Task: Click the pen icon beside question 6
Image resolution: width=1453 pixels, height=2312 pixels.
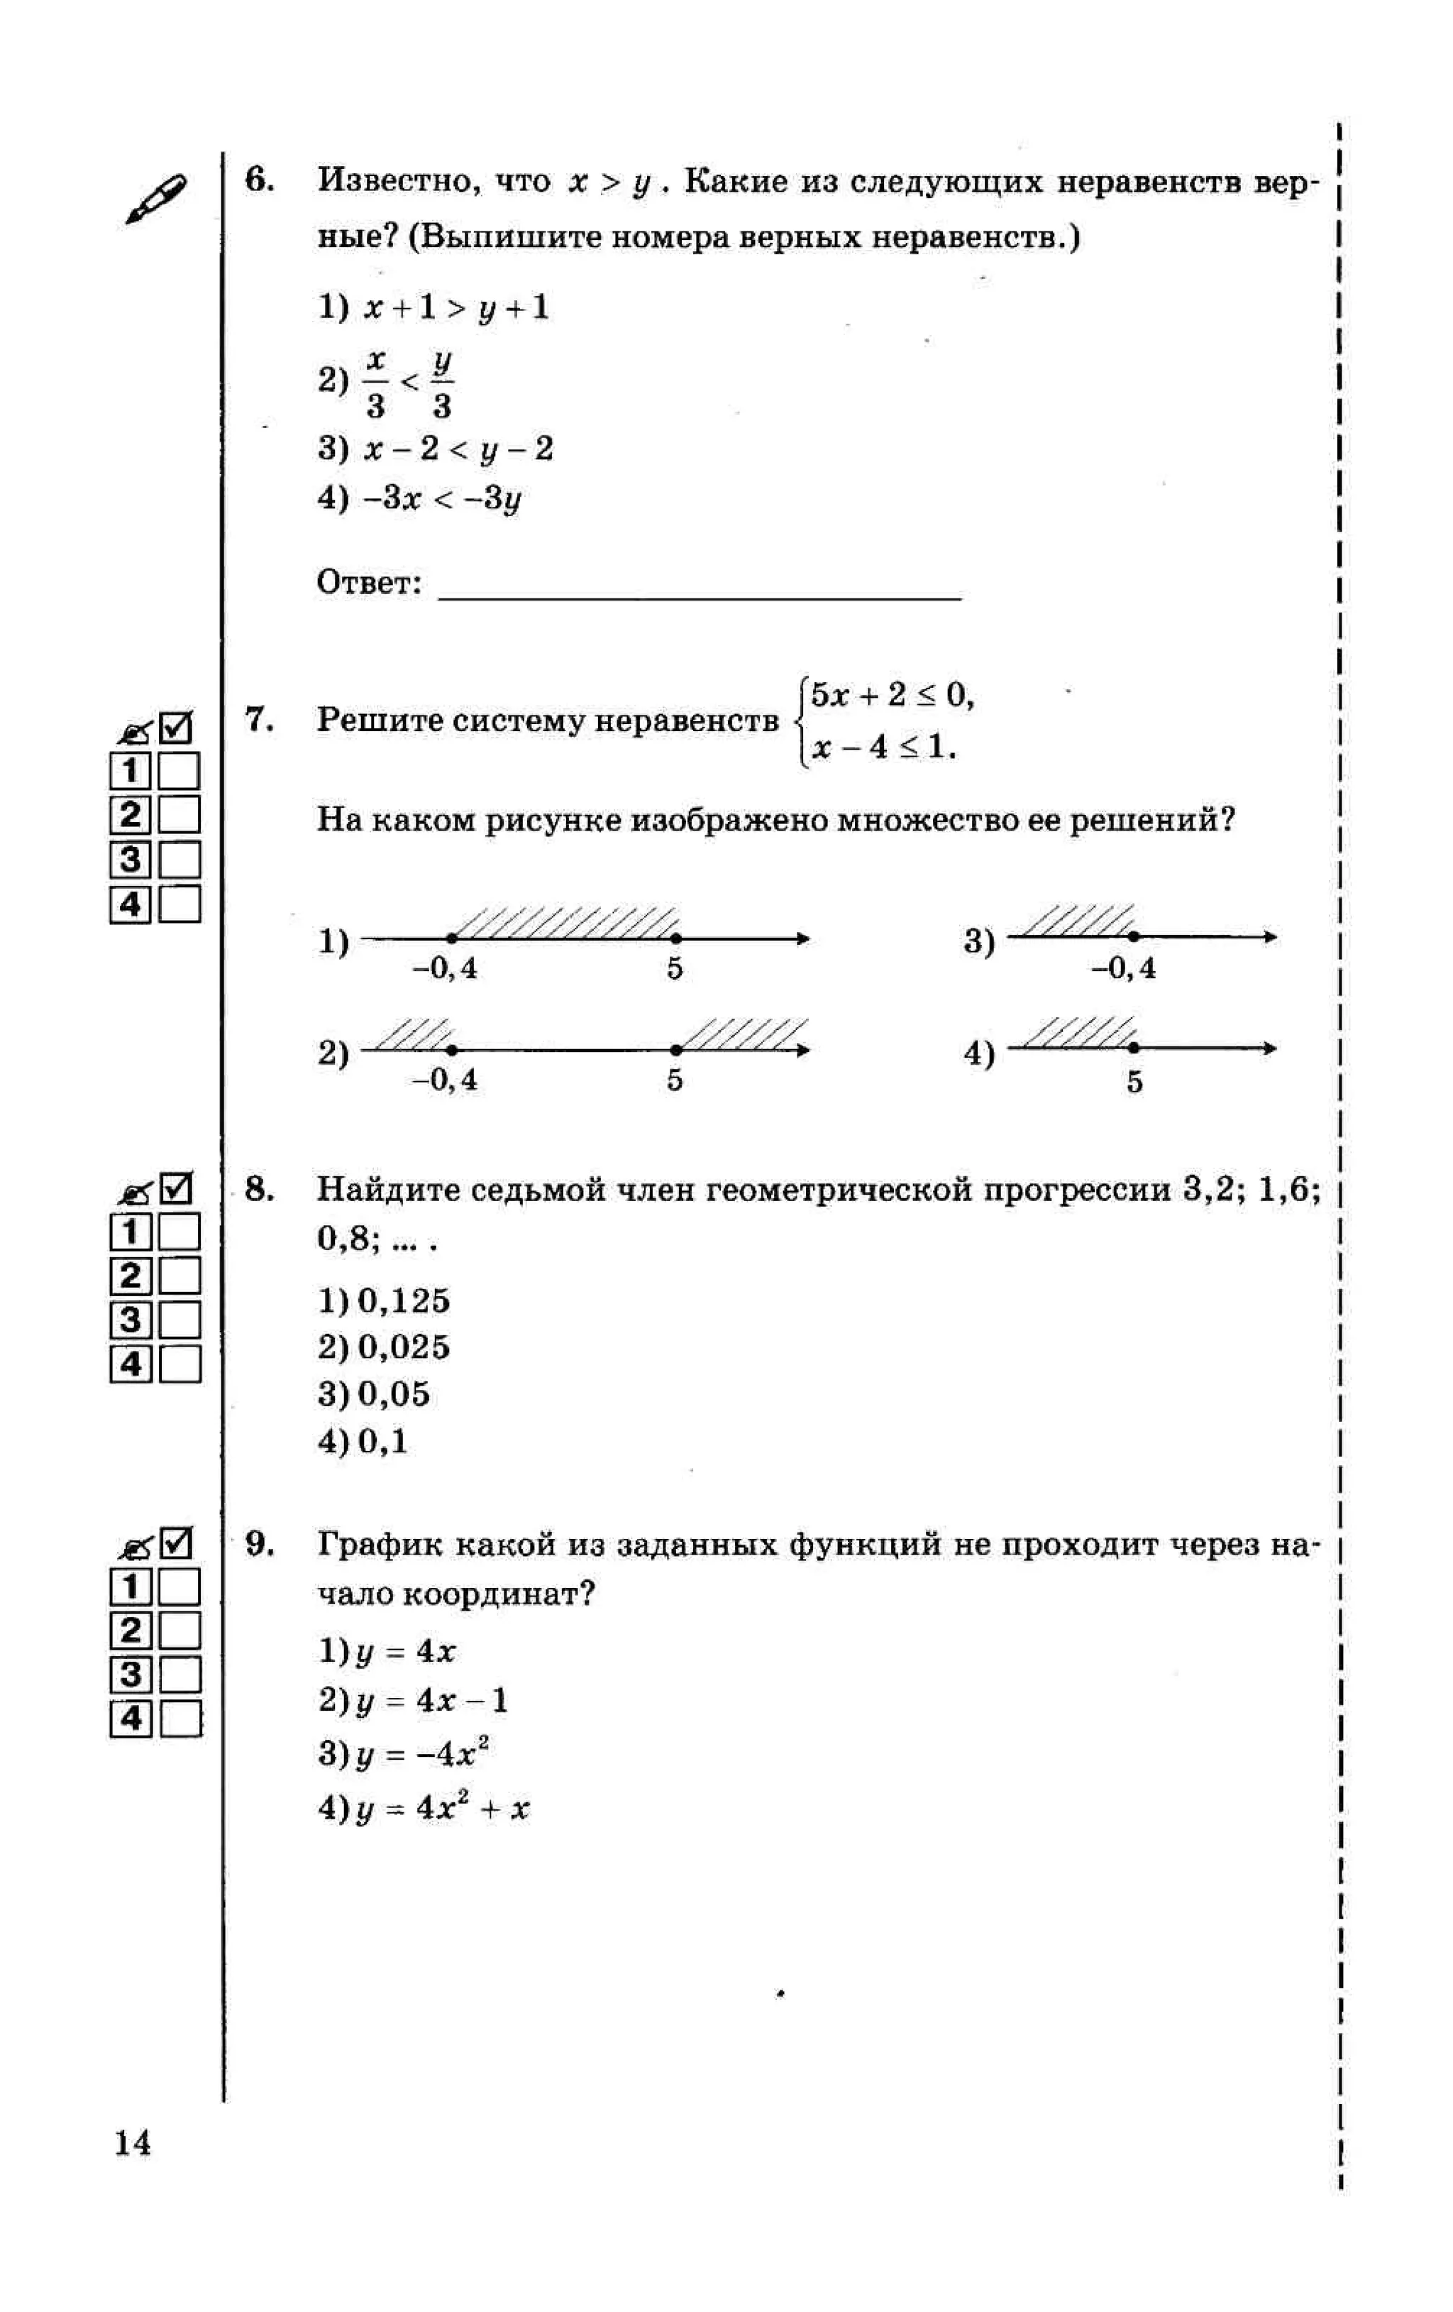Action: tap(155, 199)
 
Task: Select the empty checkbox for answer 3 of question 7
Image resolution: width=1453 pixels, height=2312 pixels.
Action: tap(179, 860)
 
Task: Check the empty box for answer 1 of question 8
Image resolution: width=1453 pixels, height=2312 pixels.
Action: tap(179, 1231)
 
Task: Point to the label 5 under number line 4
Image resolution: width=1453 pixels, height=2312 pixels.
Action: tap(1134, 1082)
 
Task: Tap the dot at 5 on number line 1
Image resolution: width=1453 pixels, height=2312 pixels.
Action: tap(675, 938)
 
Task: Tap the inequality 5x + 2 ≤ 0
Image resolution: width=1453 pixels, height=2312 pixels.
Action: tap(890, 694)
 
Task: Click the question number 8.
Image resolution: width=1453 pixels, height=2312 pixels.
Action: tap(259, 1190)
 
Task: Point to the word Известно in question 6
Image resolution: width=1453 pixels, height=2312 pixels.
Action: tap(398, 182)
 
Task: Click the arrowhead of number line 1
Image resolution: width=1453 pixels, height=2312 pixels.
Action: tap(802, 938)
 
